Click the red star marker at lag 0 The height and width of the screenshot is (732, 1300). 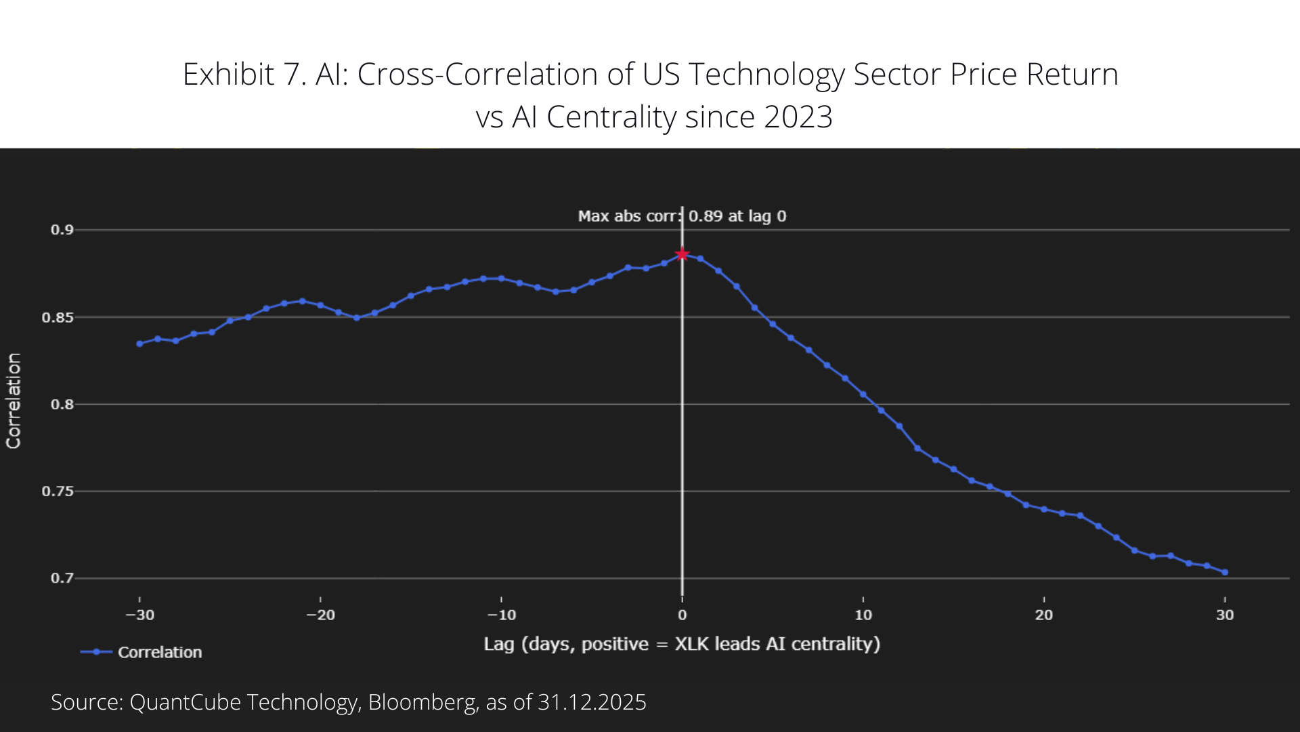click(x=682, y=254)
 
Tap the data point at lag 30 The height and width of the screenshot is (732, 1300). click(x=1225, y=572)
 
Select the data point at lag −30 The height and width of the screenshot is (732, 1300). click(x=139, y=344)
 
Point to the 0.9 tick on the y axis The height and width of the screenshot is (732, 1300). click(x=62, y=230)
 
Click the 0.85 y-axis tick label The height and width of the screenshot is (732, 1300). click(x=58, y=317)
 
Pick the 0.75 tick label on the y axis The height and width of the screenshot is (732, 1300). click(x=58, y=491)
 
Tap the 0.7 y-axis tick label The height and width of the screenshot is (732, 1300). click(x=62, y=578)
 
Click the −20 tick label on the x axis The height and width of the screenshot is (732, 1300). click(x=320, y=615)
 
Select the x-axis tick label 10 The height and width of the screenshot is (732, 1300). click(x=863, y=615)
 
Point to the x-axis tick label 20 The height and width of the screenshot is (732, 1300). click(x=1044, y=615)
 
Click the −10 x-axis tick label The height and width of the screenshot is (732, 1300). click(x=501, y=615)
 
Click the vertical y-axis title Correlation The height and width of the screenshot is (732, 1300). click(x=14, y=401)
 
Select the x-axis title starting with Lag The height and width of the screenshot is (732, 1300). click(x=682, y=644)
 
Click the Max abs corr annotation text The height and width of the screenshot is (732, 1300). click(x=682, y=216)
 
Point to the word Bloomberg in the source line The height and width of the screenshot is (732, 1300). click(x=422, y=702)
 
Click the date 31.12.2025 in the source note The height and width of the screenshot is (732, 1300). click(x=592, y=702)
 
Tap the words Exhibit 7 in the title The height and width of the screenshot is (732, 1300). click(x=244, y=75)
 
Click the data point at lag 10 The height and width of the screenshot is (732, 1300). click(x=863, y=394)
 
